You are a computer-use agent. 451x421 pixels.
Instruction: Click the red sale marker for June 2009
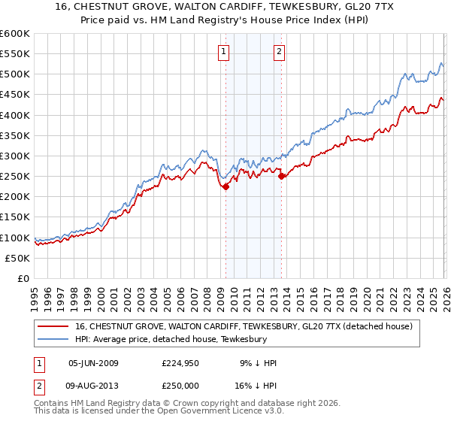point(225,187)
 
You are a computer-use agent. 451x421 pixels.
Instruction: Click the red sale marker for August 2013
point(281,177)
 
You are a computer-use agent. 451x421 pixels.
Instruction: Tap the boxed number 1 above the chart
point(224,52)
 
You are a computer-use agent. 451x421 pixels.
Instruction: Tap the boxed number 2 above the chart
point(279,52)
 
